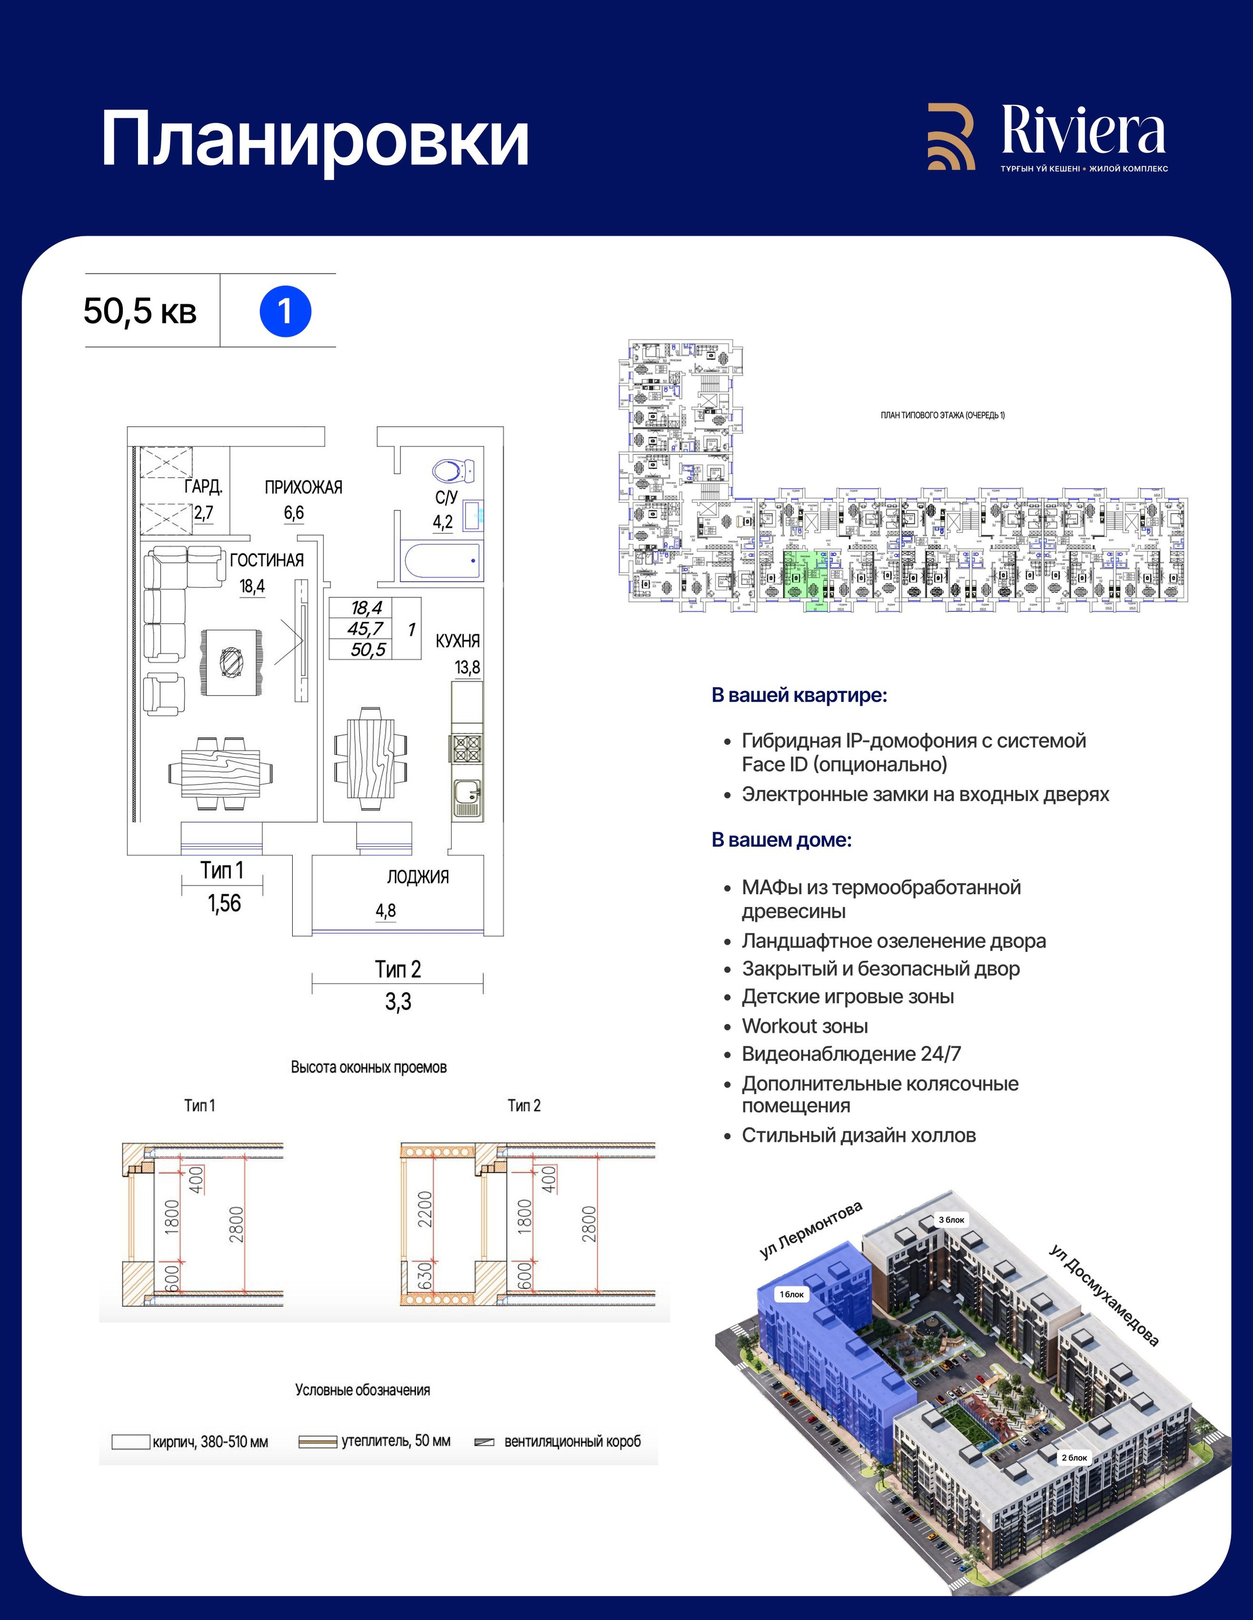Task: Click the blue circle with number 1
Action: pyautogui.click(x=285, y=312)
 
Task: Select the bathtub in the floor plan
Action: pyautogui.click(x=441, y=561)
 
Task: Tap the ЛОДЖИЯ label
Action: pyautogui.click(x=418, y=877)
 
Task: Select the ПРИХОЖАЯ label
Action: pyautogui.click(x=303, y=487)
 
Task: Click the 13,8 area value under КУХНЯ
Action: pyautogui.click(x=467, y=667)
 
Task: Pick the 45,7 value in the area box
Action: pyautogui.click(x=365, y=629)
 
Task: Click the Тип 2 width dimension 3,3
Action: pyautogui.click(x=397, y=1002)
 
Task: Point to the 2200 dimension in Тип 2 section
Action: pyautogui.click(x=424, y=1208)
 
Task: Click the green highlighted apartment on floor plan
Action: pyautogui.click(x=806, y=575)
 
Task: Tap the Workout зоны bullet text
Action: pyautogui.click(x=805, y=1026)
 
